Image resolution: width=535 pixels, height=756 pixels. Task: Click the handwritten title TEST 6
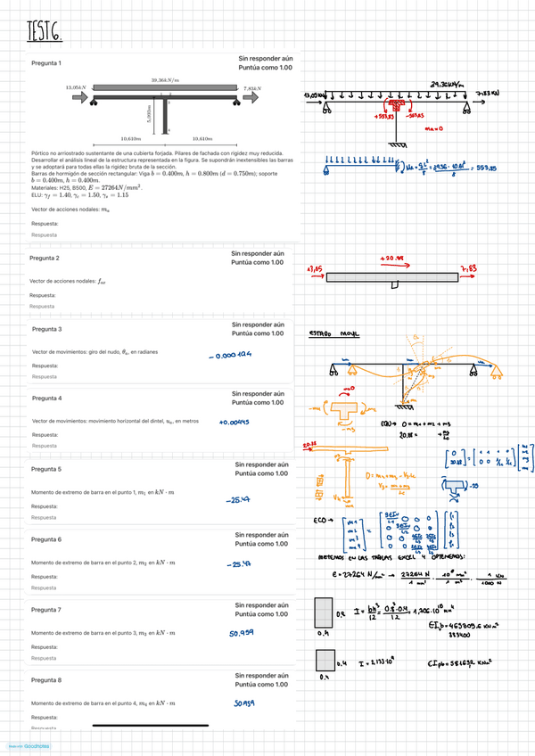[45, 33]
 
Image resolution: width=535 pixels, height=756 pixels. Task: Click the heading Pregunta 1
[46, 63]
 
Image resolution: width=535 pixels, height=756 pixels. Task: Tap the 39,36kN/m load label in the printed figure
[164, 80]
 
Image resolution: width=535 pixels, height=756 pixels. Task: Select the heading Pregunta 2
[45, 258]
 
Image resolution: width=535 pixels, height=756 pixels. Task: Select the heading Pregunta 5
[46, 469]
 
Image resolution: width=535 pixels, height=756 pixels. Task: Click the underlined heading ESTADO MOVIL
[333, 334]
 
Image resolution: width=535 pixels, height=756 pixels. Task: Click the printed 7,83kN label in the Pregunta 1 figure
[252, 89]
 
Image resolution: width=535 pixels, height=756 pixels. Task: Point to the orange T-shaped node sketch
[347, 413]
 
